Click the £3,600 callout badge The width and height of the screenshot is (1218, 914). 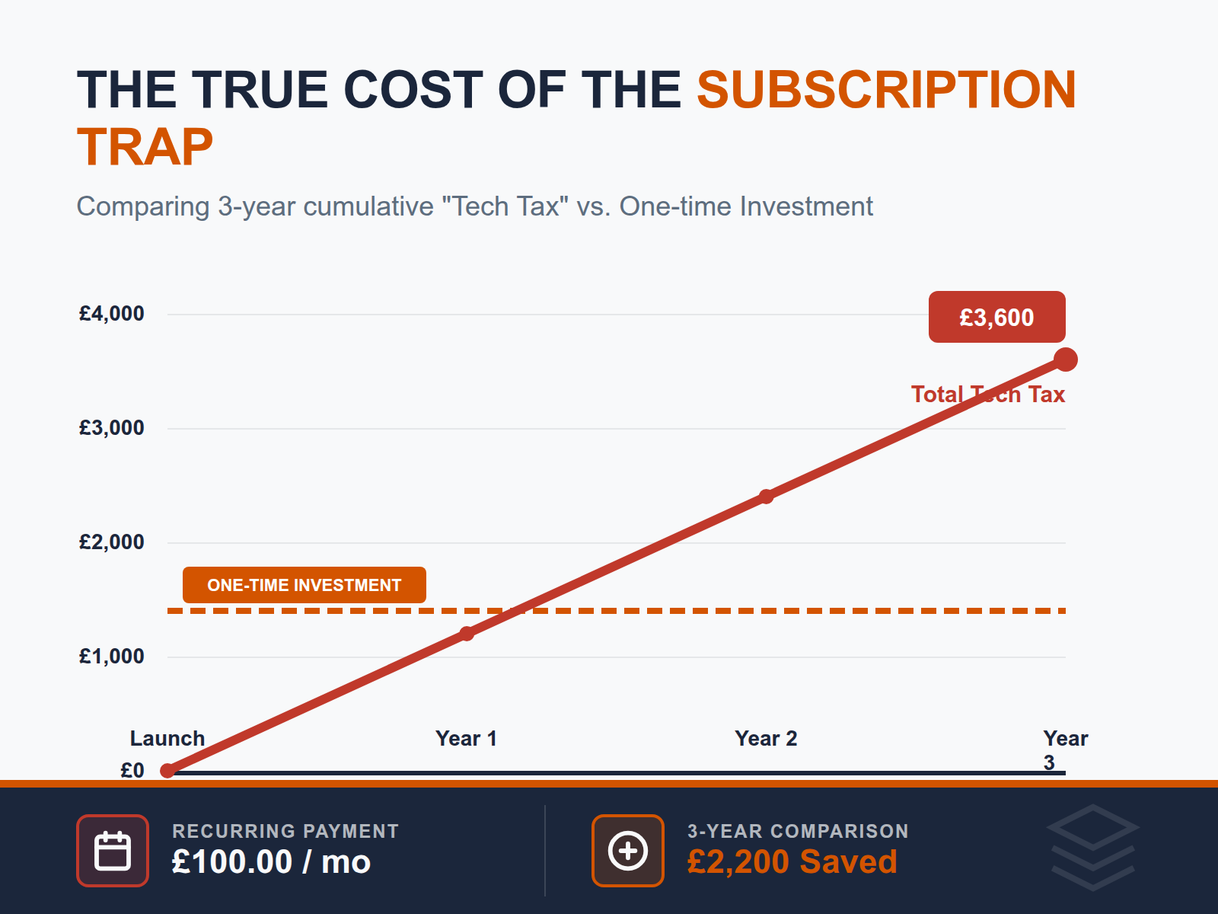pyautogui.click(x=996, y=317)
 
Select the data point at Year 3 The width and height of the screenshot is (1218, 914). pyautogui.click(x=1066, y=360)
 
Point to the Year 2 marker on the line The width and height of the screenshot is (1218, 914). pyautogui.click(x=766, y=497)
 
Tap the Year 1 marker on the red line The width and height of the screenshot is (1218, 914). pyautogui.click(x=467, y=634)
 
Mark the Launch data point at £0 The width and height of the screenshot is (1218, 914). pyautogui.click(x=167, y=771)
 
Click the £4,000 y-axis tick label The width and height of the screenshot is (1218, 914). pyautogui.click(x=112, y=314)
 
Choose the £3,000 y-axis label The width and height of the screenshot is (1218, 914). pyautogui.click(x=112, y=428)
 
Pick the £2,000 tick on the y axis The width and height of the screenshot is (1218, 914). pyautogui.click(x=112, y=542)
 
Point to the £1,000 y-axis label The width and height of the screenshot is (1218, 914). pyautogui.click(x=112, y=657)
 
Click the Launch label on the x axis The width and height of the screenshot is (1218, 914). pyautogui.click(x=167, y=738)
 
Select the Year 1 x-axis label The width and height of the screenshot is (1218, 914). pyautogui.click(x=466, y=738)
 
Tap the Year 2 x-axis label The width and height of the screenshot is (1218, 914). pyautogui.click(x=766, y=738)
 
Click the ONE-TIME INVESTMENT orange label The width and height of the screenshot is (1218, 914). pyautogui.click(x=304, y=585)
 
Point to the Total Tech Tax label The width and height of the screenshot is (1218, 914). pyautogui.click(x=988, y=395)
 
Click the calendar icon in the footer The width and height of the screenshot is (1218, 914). pyautogui.click(x=113, y=851)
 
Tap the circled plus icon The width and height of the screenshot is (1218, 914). pyautogui.click(x=628, y=851)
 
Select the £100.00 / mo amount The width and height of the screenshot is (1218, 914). pyautogui.click(x=271, y=862)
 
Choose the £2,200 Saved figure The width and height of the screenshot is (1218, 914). pyautogui.click(x=792, y=862)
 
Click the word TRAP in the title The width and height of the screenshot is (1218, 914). pyautogui.click(x=145, y=147)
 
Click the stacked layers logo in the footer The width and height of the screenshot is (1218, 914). pyautogui.click(x=1092, y=847)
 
